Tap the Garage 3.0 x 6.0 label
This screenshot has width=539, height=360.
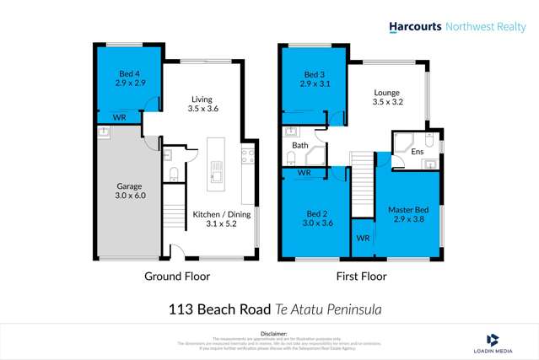[129, 191]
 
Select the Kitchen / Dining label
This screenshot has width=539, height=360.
[220, 219]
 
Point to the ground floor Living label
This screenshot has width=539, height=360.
[202, 103]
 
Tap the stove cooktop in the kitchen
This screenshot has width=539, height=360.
[248, 154]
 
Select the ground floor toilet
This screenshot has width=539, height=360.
[173, 175]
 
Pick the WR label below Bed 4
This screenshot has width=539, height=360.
[119, 118]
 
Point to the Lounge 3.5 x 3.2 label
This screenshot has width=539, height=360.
[387, 98]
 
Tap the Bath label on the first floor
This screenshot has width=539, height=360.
[301, 145]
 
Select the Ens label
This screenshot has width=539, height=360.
[417, 152]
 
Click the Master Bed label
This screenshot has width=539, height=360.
[408, 213]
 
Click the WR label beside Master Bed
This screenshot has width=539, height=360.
[363, 239]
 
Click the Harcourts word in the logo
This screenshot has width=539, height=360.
[416, 27]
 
